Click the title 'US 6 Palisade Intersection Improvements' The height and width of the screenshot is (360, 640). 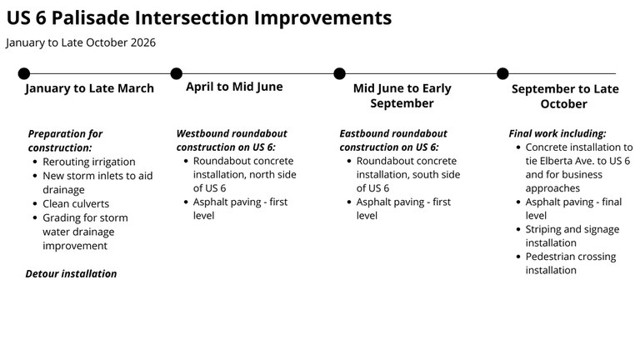pos(198,17)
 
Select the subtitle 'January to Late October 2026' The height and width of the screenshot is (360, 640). pos(81,42)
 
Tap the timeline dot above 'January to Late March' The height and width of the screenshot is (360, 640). pos(24,74)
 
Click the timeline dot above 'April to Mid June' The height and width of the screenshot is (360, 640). pos(177,74)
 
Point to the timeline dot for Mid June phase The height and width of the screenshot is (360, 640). pos(339,74)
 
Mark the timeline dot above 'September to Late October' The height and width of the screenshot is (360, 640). pos(502,74)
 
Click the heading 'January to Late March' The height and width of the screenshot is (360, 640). pos(89,88)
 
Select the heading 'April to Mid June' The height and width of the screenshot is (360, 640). pos(234,87)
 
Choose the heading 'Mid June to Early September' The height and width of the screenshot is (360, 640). pos(402,96)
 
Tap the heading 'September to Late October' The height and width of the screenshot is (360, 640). pos(564,97)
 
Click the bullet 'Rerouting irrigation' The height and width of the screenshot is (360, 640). pos(89,162)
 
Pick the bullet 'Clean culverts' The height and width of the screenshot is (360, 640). pos(76,203)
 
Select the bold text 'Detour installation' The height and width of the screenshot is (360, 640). pos(71,273)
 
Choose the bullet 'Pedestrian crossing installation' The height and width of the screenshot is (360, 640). pos(570,263)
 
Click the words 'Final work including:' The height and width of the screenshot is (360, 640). pos(557,133)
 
